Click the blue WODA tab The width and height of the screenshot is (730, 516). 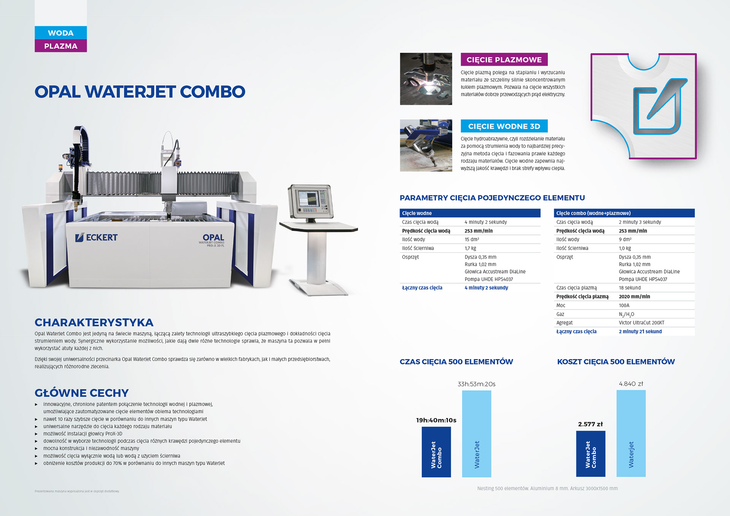coord(61,33)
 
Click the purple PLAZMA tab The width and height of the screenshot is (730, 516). coord(61,46)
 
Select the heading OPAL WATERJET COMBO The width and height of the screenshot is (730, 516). coord(140,92)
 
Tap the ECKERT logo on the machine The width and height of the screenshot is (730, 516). coord(97,237)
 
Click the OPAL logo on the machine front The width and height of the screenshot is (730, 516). coord(213,240)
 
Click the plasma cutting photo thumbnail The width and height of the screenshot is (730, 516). coord(426,79)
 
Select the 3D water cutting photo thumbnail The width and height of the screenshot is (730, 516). coord(426,146)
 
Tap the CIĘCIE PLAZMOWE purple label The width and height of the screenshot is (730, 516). coord(504,60)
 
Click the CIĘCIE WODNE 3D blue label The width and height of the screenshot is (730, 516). coord(504,126)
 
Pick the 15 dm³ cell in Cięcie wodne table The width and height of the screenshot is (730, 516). coord(472,239)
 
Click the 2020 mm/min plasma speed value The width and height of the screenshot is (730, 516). coord(635,296)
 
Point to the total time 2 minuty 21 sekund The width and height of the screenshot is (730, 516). coord(640,331)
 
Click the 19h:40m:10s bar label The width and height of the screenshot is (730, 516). coord(436,420)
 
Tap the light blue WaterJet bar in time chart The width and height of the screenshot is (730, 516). coord(476,434)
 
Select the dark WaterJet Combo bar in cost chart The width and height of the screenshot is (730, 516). coord(590,454)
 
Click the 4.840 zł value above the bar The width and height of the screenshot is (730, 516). coord(631,384)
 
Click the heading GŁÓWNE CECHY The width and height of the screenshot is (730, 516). coord(82,393)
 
